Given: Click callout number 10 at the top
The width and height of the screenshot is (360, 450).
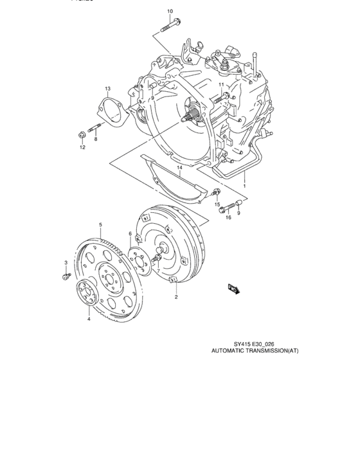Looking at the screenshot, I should point(170,11).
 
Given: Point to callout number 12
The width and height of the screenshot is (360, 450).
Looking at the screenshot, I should point(82,148).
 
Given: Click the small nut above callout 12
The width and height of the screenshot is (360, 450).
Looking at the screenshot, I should point(79,135).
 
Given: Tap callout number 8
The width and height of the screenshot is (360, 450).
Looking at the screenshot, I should point(95,139).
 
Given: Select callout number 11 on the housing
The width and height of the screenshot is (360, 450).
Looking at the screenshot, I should point(221,85).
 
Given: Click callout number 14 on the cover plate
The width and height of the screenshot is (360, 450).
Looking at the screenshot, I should point(181,168).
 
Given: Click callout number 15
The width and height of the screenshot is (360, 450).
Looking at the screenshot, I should point(217,204).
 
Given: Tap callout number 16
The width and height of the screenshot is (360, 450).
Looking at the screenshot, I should point(228,217).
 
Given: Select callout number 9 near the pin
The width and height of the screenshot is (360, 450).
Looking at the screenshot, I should point(239,213).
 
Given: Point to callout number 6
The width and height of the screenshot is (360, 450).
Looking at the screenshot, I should point(130,233).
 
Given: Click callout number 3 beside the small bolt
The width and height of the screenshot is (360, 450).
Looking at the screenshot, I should point(66,262).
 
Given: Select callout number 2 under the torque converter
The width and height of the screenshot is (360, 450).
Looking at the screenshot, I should point(176,298).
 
